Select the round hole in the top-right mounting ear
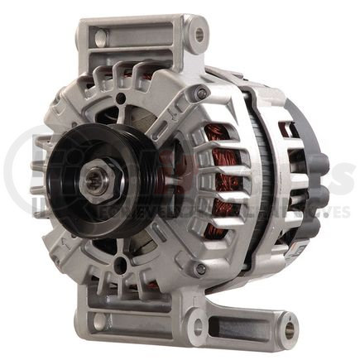click(197, 36)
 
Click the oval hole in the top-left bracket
click(100, 38)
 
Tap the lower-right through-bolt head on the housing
click(200, 269)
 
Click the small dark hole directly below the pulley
click(122, 265)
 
